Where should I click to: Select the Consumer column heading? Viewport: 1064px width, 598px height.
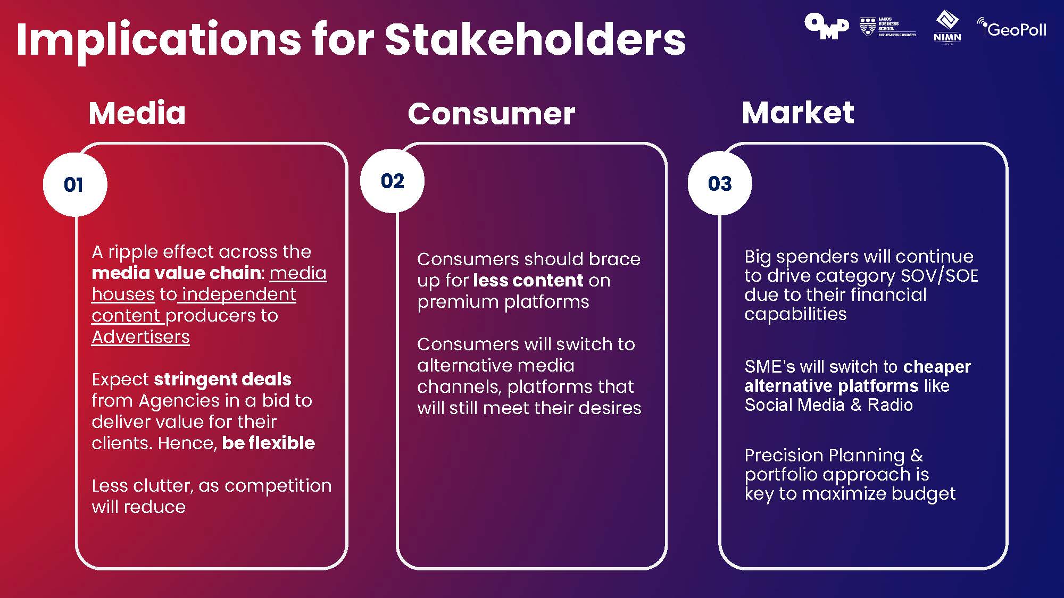(492, 114)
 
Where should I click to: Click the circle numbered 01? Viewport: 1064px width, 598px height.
(75, 185)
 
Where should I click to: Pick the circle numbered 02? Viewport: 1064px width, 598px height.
(393, 181)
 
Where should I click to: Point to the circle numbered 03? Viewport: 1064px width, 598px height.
(720, 183)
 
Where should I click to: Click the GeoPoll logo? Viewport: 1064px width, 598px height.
(1012, 28)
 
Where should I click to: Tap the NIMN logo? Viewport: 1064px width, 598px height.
(947, 27)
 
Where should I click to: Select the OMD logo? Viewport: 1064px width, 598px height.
(827, 26)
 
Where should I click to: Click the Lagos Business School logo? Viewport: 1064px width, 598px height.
(888, 26)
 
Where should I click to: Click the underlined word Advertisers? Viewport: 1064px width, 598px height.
(140, 337)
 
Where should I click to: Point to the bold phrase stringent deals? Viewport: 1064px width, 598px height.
(222, 379)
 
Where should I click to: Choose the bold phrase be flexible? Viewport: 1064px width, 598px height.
(268, 443)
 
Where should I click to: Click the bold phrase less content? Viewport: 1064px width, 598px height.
(528, 280)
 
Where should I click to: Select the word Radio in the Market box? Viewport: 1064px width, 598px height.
(890, 405)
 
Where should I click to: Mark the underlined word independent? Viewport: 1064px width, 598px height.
(239, 294)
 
